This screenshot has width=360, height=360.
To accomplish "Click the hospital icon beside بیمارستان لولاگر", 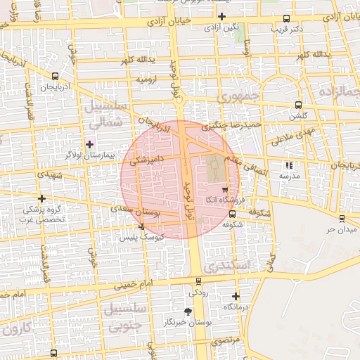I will (89, 143).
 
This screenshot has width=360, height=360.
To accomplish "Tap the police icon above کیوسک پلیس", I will (142, 226).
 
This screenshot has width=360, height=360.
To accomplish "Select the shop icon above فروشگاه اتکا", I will (224, 189).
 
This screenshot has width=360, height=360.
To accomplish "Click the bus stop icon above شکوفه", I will (233, 214).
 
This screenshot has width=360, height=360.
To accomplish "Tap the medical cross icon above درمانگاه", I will (236, 297).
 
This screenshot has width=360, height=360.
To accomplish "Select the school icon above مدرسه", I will (288, 166).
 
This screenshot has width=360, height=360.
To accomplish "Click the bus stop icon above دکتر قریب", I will (286, 19).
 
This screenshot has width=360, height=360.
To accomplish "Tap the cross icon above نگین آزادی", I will (221, 15).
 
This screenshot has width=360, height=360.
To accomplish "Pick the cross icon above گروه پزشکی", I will (42, 198).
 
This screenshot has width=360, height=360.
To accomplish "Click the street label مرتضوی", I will (226, 340).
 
